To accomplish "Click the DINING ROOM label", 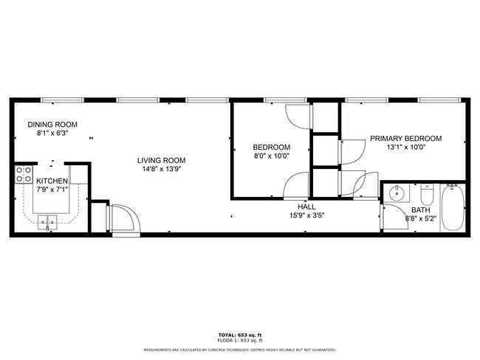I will pos(52,125).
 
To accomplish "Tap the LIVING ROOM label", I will pos(161,160).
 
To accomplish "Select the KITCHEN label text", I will pos(52,181).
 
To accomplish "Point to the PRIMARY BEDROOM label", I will pos(405,139).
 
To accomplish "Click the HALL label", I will pos(306,207).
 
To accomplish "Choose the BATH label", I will pos(421,210).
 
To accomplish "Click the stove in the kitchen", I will pos(23,175).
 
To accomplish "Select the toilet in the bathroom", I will pos(427,196).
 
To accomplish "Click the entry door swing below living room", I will pos(124,219).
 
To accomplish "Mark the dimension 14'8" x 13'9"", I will pos(161,170).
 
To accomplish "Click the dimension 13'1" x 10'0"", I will pos(405,148).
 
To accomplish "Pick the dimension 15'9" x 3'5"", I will pos(306,215).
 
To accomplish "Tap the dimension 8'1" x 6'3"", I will pos(52,134).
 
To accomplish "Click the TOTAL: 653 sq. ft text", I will pos(240,335).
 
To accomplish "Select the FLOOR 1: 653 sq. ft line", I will pos(240,340).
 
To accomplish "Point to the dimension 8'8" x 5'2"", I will pos(421,218).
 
